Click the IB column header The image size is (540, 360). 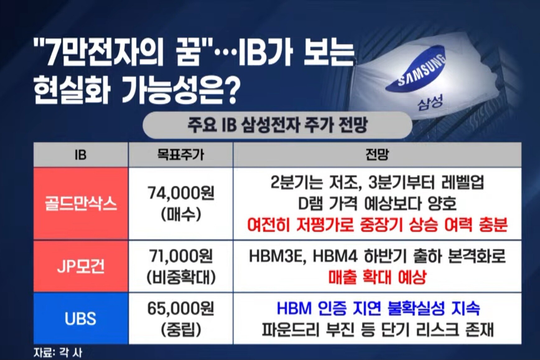[x=81, y=155]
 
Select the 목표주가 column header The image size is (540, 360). [x=180, y=155]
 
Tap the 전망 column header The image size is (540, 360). [x=377, y=155]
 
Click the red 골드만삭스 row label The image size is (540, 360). [x=81, y=204]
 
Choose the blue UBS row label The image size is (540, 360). [x=81, y=318]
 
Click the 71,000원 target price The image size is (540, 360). [x=181, y=256]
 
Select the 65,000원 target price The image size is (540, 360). [x=181, y=308]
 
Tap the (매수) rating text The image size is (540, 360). [x=181, y=215]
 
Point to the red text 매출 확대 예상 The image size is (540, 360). [x=377, y=277]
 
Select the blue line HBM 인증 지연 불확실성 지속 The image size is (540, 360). [x=378, y=308]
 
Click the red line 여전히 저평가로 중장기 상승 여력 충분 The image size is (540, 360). [x=377, y=225]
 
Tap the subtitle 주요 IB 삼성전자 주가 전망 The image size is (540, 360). [x=277, y=125]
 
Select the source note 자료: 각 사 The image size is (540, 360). [x=58, y=353]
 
